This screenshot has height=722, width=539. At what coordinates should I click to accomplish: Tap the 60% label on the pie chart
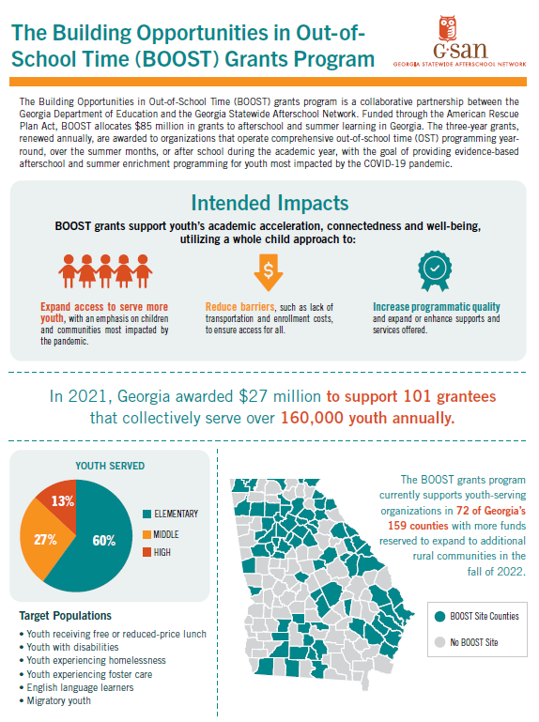(104, 541)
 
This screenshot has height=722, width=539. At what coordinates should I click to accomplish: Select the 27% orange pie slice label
(45, 540)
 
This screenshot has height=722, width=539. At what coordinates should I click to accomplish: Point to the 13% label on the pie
(63, 501)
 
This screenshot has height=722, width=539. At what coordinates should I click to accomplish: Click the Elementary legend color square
(147, 514)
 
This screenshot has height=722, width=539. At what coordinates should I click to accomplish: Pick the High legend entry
(157, 552)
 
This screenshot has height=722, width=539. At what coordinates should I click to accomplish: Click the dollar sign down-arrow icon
(269, 272)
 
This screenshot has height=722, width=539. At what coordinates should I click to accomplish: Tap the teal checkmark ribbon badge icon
(435, 270)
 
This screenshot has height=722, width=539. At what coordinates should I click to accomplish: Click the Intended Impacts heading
(269, 203)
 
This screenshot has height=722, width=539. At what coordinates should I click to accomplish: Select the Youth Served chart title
(110, 466)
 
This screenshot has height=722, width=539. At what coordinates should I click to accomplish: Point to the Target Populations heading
(66, 616)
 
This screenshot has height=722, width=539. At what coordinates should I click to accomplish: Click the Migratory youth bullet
(55, 700)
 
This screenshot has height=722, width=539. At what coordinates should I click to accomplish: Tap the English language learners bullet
(76, 687)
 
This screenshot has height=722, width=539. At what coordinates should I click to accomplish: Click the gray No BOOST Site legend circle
(440, 642)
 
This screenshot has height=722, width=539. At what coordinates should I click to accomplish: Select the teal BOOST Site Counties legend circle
(440, 616)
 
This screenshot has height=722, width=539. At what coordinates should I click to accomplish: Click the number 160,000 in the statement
(312, 418)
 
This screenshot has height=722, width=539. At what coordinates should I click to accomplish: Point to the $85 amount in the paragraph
(144, 126)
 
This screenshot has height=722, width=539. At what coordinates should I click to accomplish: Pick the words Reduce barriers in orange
(239, 307)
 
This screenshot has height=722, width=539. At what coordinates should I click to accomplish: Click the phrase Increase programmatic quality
(437, 307)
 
